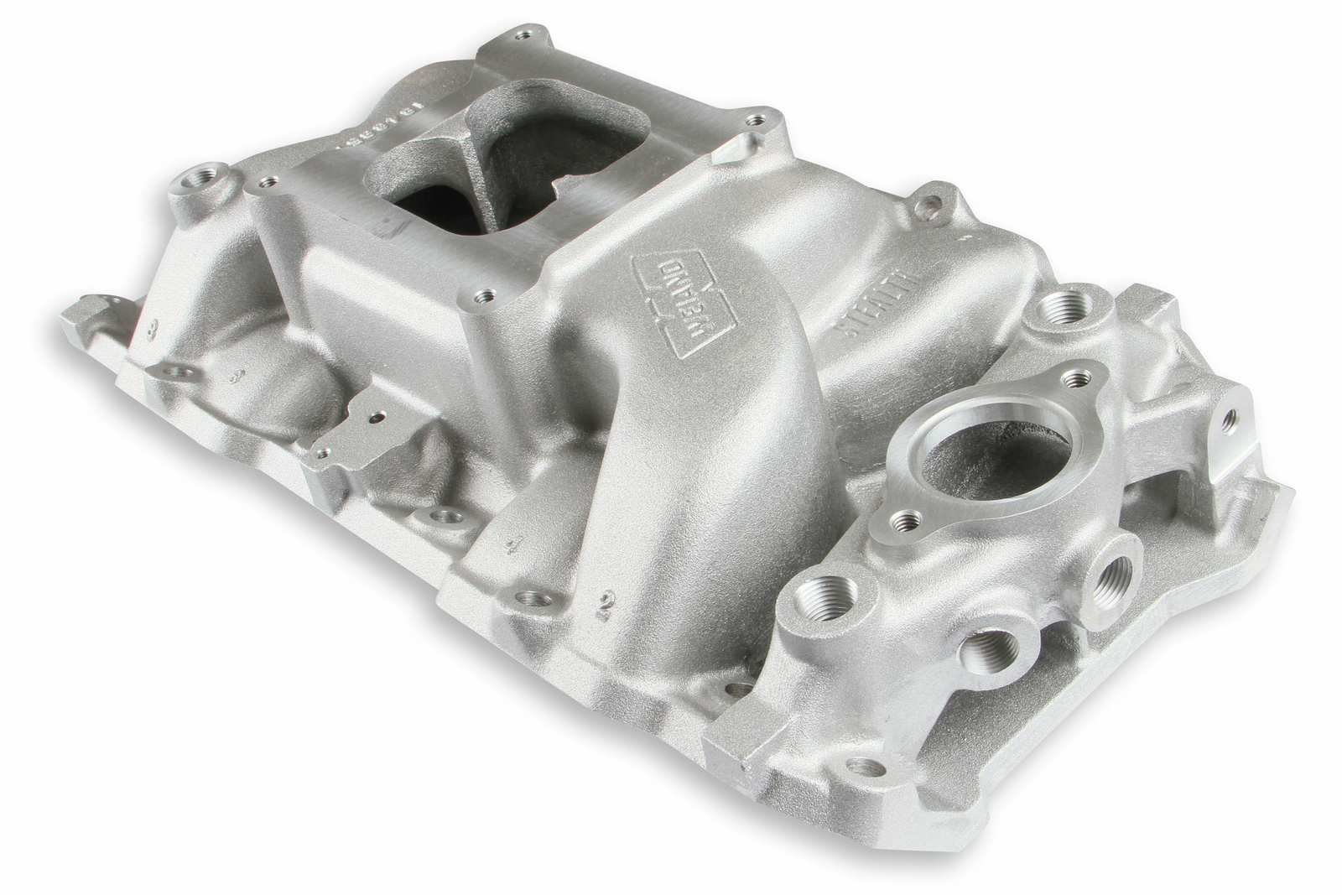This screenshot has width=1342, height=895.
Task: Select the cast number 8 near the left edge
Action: pos(152,329)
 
